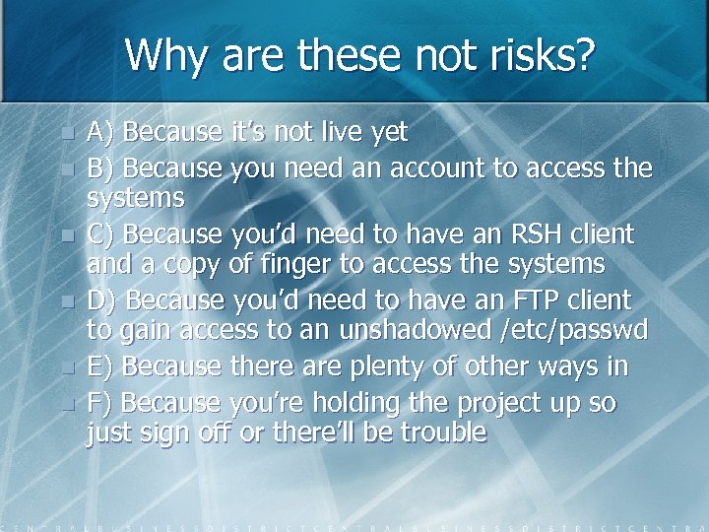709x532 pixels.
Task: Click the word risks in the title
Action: [x=540, y=55]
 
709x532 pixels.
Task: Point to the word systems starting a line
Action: [x=136, y=198]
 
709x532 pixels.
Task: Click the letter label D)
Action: [x=102, y=299]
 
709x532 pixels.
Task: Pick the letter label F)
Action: [x=100, y=403]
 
